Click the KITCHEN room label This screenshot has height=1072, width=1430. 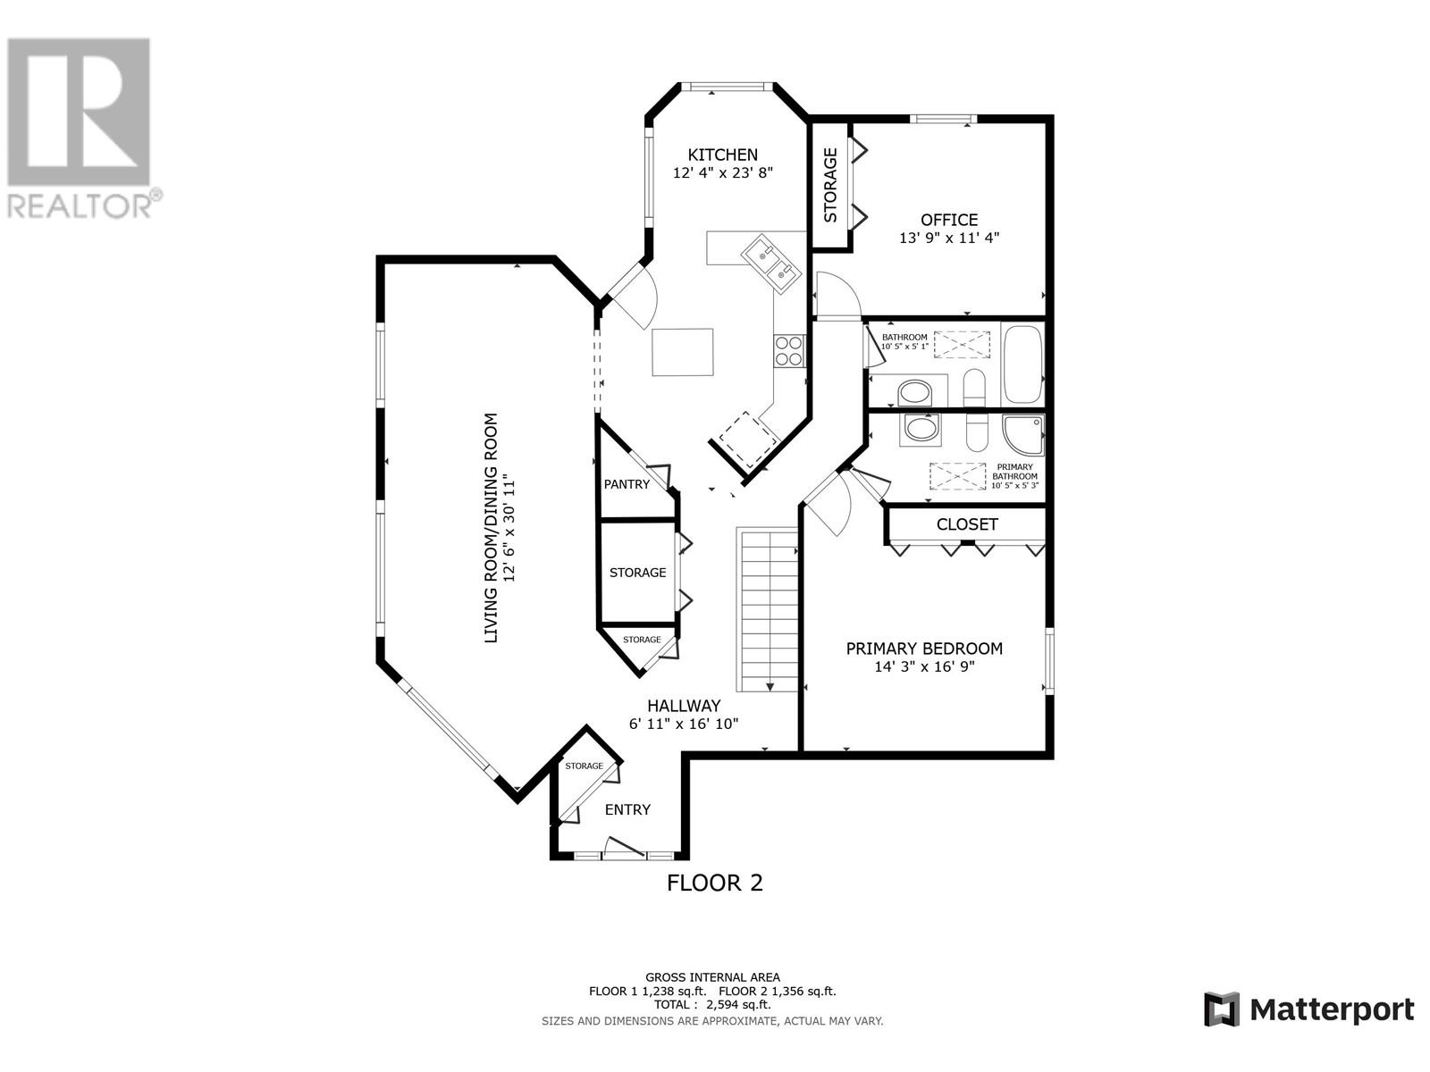[x=722, y=155]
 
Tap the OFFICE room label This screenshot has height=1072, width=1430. [x=949, y=220]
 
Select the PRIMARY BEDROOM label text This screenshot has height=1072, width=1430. [x=924, y=649]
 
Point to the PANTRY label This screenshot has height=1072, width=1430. [x=627, y=484]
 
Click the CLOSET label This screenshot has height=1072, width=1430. [x=967, y=524]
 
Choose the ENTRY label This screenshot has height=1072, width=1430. [x=627, y=809]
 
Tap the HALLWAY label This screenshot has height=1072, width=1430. [x=684, y=706]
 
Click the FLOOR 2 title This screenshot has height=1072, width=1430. [x=715, y=883]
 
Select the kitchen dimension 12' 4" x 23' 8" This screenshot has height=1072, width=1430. [x=722, y=173]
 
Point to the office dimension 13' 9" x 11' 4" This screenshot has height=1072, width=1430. [x=949, y=239]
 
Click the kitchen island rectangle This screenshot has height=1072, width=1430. [x=683, y=352]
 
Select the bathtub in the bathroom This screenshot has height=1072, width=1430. [x=1022, y=364]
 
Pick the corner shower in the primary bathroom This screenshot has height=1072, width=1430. [x=1023, y=435]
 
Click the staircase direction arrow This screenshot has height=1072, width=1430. [x=770, y=687]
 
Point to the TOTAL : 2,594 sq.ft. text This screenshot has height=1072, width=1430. [x=712, y=1004]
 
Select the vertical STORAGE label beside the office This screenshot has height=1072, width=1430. [x=830, y=186]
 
